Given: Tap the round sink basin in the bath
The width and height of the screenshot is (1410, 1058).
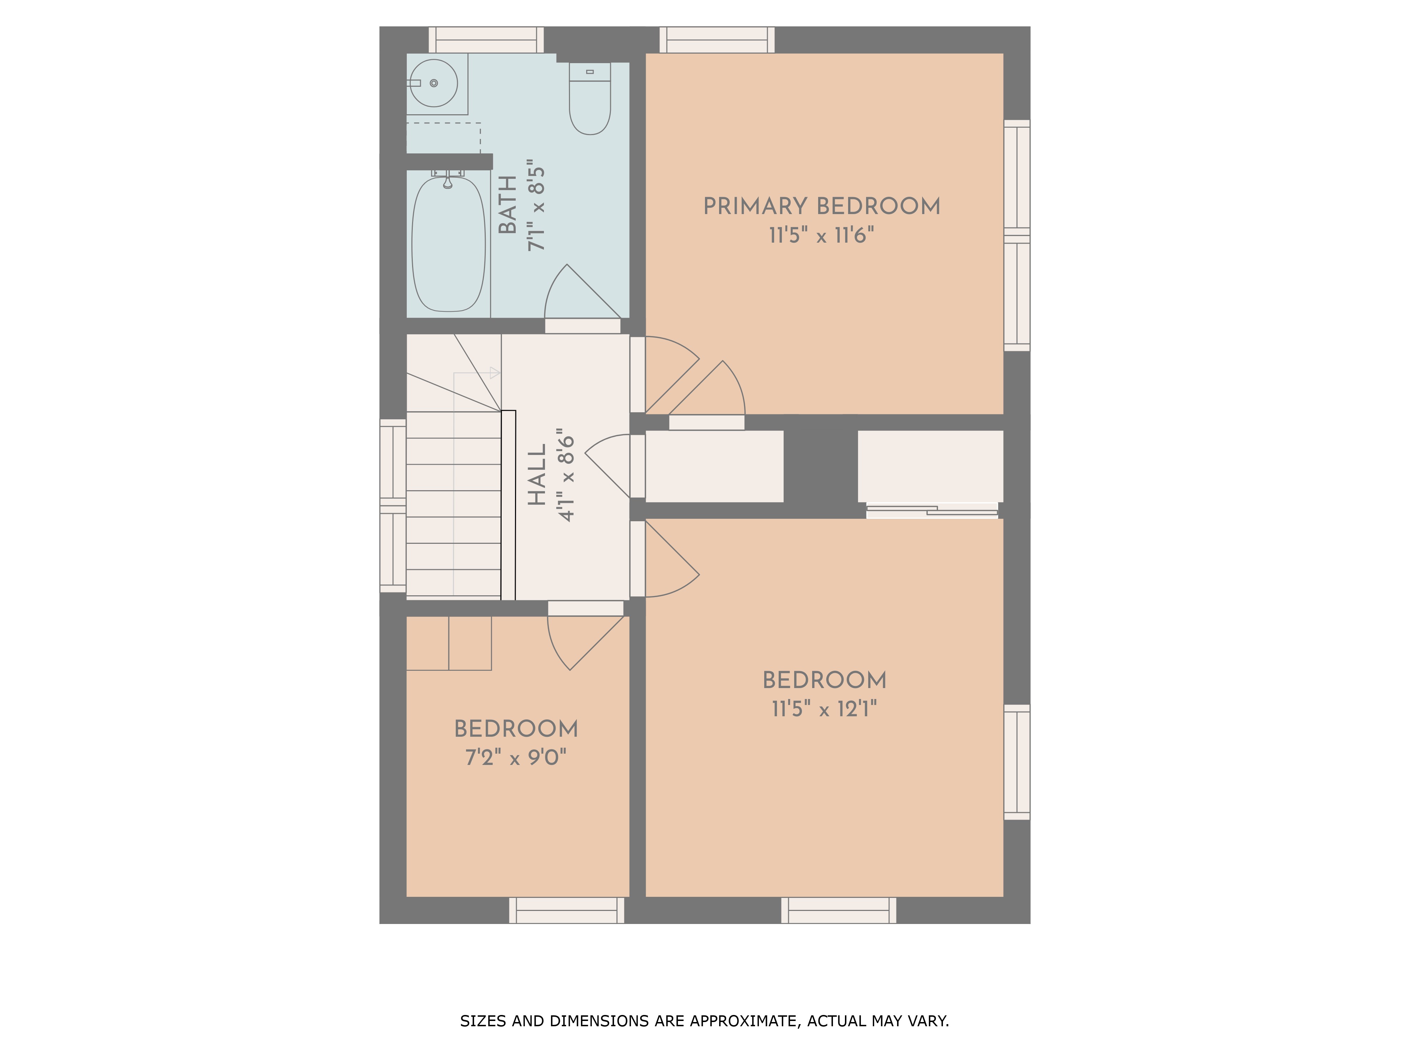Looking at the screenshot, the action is point(434,83).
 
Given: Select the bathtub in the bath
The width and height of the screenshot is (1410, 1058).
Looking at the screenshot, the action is point(449,244).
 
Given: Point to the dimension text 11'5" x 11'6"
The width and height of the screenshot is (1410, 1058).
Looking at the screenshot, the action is point(822,235).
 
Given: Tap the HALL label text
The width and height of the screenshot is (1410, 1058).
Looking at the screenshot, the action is point(537,475).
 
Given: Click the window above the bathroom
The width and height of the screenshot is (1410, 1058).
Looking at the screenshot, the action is point(486,39).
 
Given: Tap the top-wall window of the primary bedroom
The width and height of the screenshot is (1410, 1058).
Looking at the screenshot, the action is point(717,39).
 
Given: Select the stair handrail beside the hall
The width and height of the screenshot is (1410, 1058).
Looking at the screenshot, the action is point(508,505).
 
